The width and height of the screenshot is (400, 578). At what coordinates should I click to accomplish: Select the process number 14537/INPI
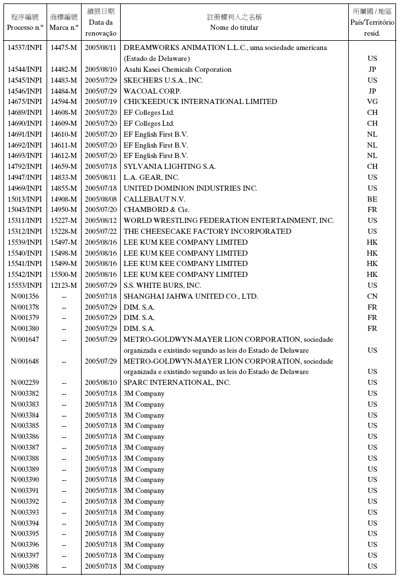click(25, 48)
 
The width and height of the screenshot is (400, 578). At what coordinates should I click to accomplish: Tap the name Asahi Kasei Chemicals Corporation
click(178, 70)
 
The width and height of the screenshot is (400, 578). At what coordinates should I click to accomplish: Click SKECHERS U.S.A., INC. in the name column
click(163, 80)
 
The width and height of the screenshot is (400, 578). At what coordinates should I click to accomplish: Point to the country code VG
click(372, 102)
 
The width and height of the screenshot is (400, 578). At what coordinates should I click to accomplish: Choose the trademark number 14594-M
click(63, 102)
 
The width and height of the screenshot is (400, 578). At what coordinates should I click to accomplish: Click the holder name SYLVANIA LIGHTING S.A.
click(170, 167)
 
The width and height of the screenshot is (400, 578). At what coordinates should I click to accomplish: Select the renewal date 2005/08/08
click(101, 199)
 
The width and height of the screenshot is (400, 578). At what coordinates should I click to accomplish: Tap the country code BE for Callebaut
click(372, 199)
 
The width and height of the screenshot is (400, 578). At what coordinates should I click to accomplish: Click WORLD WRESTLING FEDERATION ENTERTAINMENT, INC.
click(229, 221)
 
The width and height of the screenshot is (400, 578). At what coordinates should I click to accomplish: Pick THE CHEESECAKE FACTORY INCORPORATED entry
click(207, 232)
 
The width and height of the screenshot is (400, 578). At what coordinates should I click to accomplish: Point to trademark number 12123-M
click(63, 286)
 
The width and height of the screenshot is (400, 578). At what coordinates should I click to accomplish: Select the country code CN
click(372, 296)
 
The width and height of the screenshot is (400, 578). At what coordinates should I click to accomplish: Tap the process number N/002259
click(25, 383)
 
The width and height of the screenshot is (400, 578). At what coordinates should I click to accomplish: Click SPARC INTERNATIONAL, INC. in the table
click(177, 383)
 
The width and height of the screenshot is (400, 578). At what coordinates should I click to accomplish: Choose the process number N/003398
click(25, 567)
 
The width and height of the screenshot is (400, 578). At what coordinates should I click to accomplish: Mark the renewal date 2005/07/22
click(101, 232)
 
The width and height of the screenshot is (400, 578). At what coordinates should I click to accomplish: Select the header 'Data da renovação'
click(101, 28)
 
